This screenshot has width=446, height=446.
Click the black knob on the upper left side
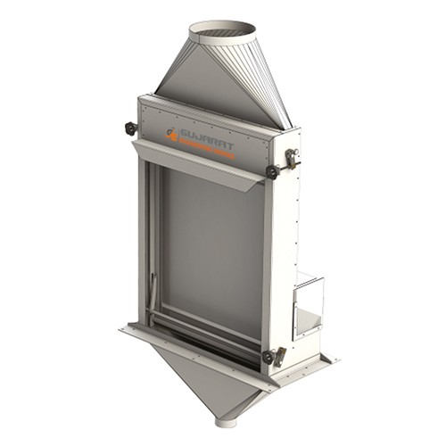pyautogui.click(x=131, y=128)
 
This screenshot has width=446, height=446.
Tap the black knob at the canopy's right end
pyautogui.click(x=271, y=171)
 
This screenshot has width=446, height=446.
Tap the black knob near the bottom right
pyautogui.click(x=268, y=357)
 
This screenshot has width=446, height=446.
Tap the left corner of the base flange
pyautogui.click(x=125, y=331)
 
